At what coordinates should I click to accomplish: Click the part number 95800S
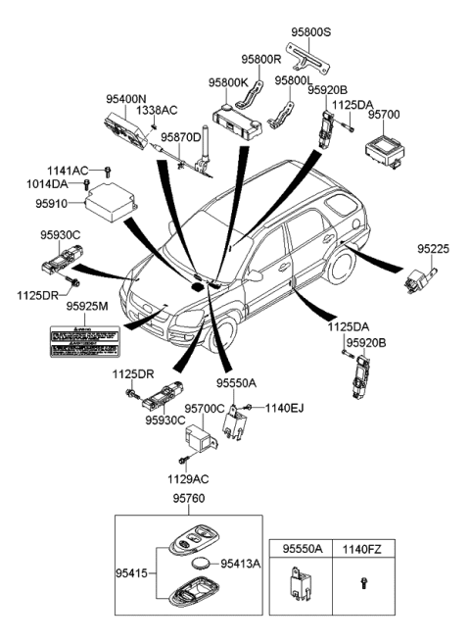click(x=311, y=31)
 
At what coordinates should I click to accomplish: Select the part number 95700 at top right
click(x=384, y=115)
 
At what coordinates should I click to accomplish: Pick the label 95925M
click(x=87, y=307)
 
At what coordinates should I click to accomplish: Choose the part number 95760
click(x=192, y=498)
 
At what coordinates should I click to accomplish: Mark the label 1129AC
click(x=185, y=479)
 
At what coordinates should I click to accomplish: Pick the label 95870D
click(x=180, y=137)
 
